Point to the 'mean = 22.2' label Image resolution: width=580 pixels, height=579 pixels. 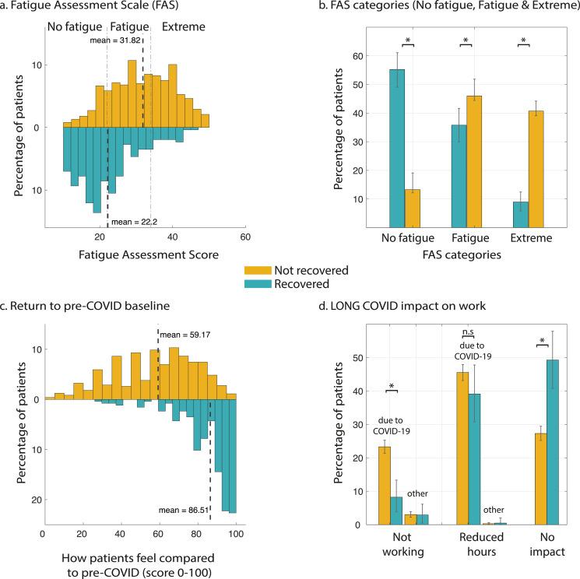coord(133,223)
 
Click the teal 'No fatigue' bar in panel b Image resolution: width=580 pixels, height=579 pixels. coord(396,149)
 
